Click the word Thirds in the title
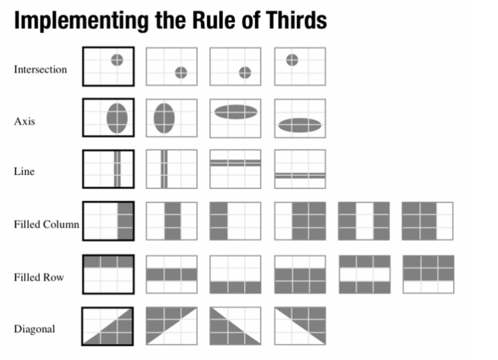(291, 21)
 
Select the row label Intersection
(40, 69)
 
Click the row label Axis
(25, 122)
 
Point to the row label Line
(24, 172)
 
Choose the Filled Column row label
(46, 224)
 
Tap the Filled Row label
(39, 276)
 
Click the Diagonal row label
(34, 329)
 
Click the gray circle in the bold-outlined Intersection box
(117, 59)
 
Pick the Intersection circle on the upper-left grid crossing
(292, 59)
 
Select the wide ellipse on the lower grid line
(300, 124)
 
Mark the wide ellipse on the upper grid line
(236, 112)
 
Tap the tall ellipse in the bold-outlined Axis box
(117, 118)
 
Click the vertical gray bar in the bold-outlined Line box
(117, 170)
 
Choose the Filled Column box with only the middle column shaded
(172, 221)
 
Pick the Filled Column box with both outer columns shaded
(364, 221)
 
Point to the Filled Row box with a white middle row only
(364, 274)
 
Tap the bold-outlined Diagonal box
(108, 326)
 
